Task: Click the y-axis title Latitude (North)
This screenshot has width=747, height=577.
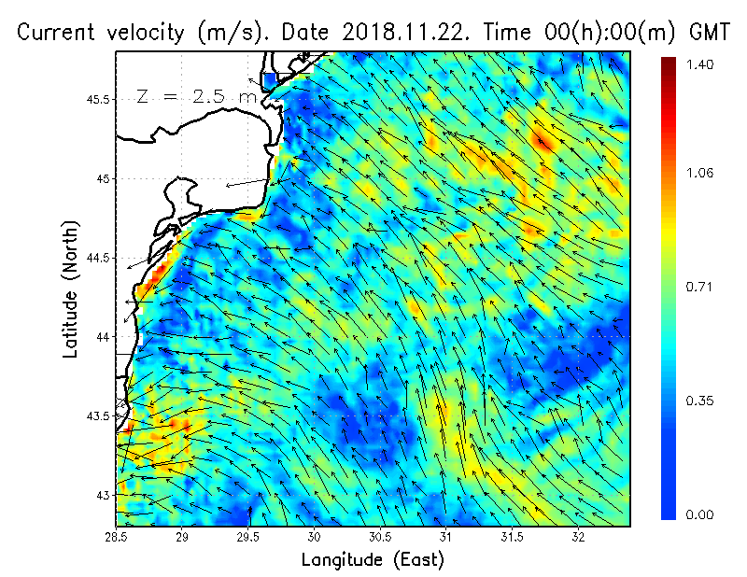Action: pyautogui.click(x=71, y=289)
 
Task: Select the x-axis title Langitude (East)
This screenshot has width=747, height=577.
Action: pyautogui.click(x=373, y=560)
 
